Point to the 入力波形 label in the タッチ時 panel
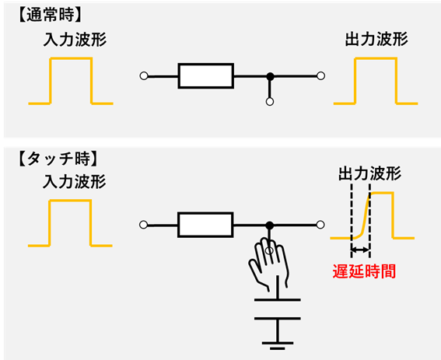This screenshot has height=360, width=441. coord(71,183)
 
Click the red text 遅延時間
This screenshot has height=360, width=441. coord(366,273)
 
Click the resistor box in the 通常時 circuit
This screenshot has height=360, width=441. coord(206,76)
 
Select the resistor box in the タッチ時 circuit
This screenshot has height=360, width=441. coord(206,225)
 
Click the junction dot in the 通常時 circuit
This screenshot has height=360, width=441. coord(270,76)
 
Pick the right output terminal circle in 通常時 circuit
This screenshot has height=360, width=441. coord(320,76)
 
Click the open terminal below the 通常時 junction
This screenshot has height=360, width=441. coord(270,101)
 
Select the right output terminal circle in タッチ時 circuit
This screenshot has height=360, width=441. coord(320,225)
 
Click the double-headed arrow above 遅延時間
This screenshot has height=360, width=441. coord(360,251)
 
